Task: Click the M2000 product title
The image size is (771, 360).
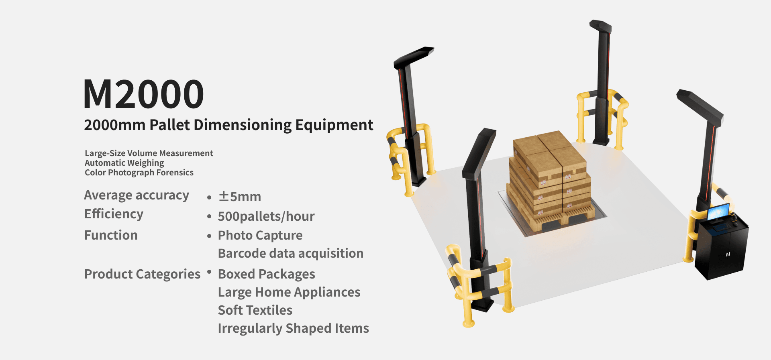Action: tap(143, 94)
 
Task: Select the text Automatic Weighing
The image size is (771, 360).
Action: tap(124, 163)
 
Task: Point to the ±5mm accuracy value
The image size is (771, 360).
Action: tap(240, 197)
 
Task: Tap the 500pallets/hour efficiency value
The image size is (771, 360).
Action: tap(266, 216)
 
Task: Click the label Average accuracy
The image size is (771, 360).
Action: tap(137, 195)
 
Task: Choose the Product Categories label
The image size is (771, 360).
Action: tap(142, 274)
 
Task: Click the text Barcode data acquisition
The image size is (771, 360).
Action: tap(290, 254)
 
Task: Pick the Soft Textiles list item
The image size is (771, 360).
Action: tap(255, 310)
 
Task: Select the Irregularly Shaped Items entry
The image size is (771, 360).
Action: tap(293, 328)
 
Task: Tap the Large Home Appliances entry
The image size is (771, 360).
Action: tap(289, 292)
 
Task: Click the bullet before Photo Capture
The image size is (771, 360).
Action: tap(209, 236)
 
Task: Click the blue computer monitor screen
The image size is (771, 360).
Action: tap(718, 212)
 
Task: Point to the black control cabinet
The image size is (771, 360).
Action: tap(723, 251)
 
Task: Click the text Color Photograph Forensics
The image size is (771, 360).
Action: tap(139, 173)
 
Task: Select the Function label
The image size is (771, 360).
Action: tap(111, 235)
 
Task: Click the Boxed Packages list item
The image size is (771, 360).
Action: tap(266, 274)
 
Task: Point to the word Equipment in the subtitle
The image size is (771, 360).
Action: tap(334, 125)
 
